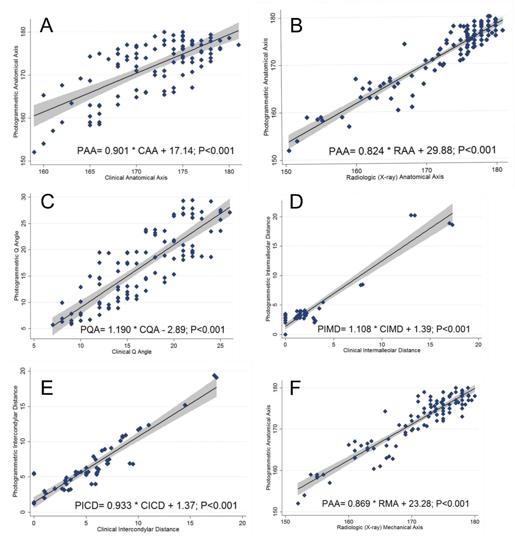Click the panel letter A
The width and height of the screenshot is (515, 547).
pyautogui.click(x=46, y=26)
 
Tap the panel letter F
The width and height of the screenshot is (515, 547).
pyautogui.click(x=295, y=389)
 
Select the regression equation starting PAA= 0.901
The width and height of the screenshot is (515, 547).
pyautogui.click(x=155, y=150)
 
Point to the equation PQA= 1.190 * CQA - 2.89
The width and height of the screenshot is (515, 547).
pyautogui.click(x=152, y=329)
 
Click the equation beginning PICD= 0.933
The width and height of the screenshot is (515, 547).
pyautogui.click(x=156, y=506)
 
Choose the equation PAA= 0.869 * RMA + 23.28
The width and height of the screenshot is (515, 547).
pyautogui.click(x=395, y=503)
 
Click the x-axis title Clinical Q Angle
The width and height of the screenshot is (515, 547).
pyautogui.click(x=131, y=352)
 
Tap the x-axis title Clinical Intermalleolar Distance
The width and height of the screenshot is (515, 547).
pyautogui.click(x=382, y=350)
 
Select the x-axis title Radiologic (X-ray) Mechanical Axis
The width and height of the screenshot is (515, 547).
pyautogui.click(x=380, y=527)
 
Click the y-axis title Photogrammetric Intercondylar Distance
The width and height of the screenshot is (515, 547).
pyautogui.click(x=15, y=441)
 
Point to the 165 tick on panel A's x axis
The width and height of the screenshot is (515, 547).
pyautogui.click(x=90, y=171)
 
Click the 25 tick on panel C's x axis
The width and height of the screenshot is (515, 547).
pyautogui.click(x=220, y=345)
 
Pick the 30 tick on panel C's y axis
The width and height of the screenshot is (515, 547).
pyautogui.click(x=24, y=197)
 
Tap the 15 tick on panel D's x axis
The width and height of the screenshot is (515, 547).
pyautogui.click(x=430, y=344)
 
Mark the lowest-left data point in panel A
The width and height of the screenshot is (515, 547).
pyautogui.click(x=34, y=152)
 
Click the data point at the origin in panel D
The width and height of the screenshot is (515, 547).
pyautogui.click(x=285, y=334)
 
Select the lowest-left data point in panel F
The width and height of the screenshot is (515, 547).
pyautogui.click(x=298, y=503)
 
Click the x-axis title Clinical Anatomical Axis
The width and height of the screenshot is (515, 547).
pyautogui.click(x=136, y=177)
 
